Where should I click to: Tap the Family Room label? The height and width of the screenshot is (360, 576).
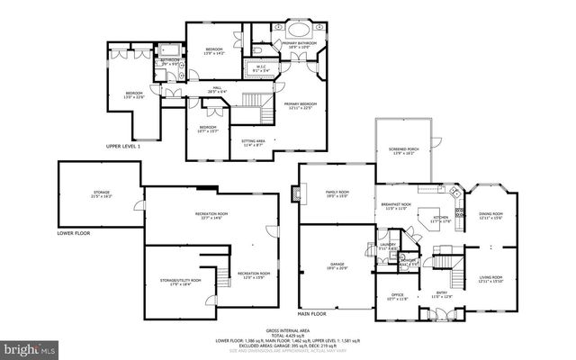point(337,193)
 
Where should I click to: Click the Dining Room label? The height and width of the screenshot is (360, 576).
point(490,215)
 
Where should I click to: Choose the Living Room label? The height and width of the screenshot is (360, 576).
point(490,278)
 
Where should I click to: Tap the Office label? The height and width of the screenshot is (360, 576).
point(397,296)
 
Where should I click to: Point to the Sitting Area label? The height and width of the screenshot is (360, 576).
point(253,142)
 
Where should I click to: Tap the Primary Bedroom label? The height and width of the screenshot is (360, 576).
point(301,105)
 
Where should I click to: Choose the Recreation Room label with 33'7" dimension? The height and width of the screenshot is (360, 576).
point(211,215)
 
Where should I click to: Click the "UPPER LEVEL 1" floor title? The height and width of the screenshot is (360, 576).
point(124,146)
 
